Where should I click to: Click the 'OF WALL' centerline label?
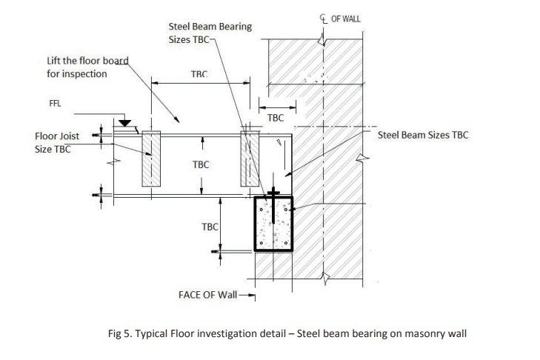click(x=347, y=18)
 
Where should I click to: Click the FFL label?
click(x=55, y=104)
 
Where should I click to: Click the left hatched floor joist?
click(x=150, y=159)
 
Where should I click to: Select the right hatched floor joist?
click(x=249, y=159)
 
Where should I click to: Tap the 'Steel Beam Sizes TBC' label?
click(x=423, y=136)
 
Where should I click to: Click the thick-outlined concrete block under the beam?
click(x=273, y=224)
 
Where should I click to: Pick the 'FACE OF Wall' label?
click(x=207, y=295)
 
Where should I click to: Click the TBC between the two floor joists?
click(x=200, y=164)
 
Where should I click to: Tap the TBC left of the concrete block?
click(x=210, y=227)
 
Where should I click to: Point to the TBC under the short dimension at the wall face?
click(x=276, y=118)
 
